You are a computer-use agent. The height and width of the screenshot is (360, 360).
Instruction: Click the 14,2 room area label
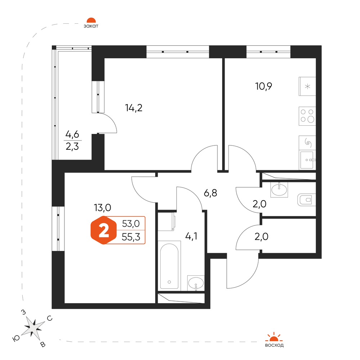point(134,108)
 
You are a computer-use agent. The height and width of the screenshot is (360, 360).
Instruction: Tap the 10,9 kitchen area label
point(264,86)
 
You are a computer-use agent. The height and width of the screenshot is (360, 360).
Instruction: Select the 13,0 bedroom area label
point(102,208)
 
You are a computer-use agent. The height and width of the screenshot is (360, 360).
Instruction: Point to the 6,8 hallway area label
point(210,193)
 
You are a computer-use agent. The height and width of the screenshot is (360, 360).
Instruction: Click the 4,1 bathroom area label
point(191,236)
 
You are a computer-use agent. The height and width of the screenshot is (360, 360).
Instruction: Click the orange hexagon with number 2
point(104,230)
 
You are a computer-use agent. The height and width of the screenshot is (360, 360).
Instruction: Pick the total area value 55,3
point(131,237)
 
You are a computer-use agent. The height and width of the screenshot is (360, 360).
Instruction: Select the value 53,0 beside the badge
point(131,224)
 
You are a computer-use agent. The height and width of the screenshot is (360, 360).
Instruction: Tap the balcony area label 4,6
point(72,134)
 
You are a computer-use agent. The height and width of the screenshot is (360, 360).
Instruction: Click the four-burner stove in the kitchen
point(307,116)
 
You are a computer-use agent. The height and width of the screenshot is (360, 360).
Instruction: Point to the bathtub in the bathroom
point(169,266)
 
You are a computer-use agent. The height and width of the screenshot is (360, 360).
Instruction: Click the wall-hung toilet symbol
point(306,200)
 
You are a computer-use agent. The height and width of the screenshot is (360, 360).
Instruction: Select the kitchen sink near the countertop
point(307,160)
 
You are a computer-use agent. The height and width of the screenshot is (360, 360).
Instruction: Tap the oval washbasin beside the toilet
point(279,189)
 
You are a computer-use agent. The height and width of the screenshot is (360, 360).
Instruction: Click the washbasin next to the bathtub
point(196,283)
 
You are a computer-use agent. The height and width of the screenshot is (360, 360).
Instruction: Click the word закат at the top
point(91,26)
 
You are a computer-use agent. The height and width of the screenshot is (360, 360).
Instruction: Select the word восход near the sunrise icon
point(274,345)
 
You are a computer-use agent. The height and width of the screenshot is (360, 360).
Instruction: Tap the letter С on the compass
point(50,318)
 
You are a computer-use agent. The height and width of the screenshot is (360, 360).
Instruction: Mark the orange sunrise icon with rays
point(274,337)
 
